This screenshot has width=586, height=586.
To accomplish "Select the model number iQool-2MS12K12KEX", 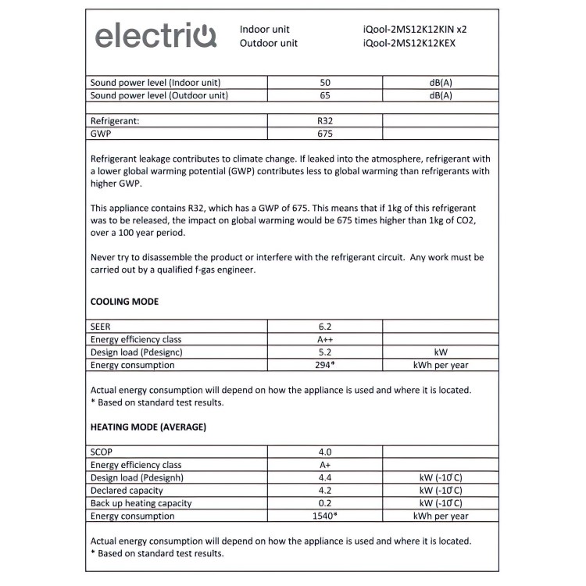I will click(x=409, y=44).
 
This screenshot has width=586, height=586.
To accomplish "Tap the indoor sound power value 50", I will click(x=325, y=83).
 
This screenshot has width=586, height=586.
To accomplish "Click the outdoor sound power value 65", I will click(x=325, y=95).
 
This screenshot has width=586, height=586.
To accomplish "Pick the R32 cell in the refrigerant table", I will click(x=325, y=122).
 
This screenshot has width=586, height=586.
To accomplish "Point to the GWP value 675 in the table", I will click(x=325, y=134).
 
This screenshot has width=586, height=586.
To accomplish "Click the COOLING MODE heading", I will click(x=124, y=302).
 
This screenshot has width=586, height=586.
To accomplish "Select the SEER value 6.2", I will click(x=325, y=327).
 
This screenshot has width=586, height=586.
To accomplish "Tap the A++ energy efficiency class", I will click(x=325, y=339).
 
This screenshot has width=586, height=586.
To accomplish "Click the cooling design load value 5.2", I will click(x=325, y=352).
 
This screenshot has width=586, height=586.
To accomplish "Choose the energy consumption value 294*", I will click(x=325, y=365).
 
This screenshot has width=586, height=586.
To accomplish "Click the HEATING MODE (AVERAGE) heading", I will click(x=148, y=427).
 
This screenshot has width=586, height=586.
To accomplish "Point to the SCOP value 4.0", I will click(x=325, y=452).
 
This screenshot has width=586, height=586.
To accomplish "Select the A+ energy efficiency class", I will click(x=325, y=465).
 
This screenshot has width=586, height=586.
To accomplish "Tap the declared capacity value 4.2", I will click(x=325, y=491).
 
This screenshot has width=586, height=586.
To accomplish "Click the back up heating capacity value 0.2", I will click(x=325, y=503).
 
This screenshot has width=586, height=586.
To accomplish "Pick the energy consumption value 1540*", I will click(x=325, y=516).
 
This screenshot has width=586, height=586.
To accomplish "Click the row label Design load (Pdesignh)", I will click(x=138, y=478).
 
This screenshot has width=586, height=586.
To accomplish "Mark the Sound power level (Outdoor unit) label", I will click(x=159, y=95).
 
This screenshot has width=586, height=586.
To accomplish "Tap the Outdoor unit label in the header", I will click(x=269, y=44).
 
